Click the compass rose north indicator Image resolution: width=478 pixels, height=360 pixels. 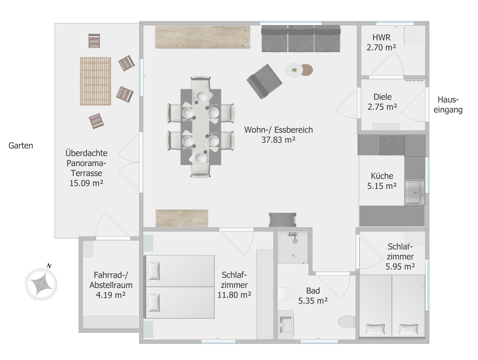click(x=49, y=266)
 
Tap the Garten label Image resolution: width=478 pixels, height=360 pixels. click(x=21, y=146)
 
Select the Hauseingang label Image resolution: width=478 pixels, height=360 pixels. click(x=448, y=105)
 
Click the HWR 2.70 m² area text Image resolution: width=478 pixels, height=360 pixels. click(x=381, y=42)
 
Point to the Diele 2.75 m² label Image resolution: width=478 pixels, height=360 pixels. click(x=382, y=102)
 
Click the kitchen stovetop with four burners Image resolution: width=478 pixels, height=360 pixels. click(x=392, y=145)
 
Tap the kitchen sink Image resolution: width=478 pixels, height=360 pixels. click(x=414, y=192)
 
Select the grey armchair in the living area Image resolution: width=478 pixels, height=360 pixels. click(x=264, y=82)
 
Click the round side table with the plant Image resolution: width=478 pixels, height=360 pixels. click(x=294, y=70)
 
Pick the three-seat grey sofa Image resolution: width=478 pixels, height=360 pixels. click(x=301, y=39)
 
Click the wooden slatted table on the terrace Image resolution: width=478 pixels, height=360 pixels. click(x=95, y=81)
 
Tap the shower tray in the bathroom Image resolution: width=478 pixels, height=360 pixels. click(x=293, y=248)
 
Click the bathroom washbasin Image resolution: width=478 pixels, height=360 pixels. click(x=286, y=324)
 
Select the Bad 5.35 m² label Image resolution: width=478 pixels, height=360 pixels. click(x=313, y=296)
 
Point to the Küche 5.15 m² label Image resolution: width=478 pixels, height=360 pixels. click(x=382, y=181)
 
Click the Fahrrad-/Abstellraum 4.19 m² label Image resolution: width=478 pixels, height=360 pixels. click(x=111, y=285)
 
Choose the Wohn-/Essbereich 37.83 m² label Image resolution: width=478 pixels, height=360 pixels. click(x=278, y=135)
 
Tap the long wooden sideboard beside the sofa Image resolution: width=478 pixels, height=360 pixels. click(x=203, y=37)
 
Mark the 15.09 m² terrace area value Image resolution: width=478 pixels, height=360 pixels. click(x=86, y=183)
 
